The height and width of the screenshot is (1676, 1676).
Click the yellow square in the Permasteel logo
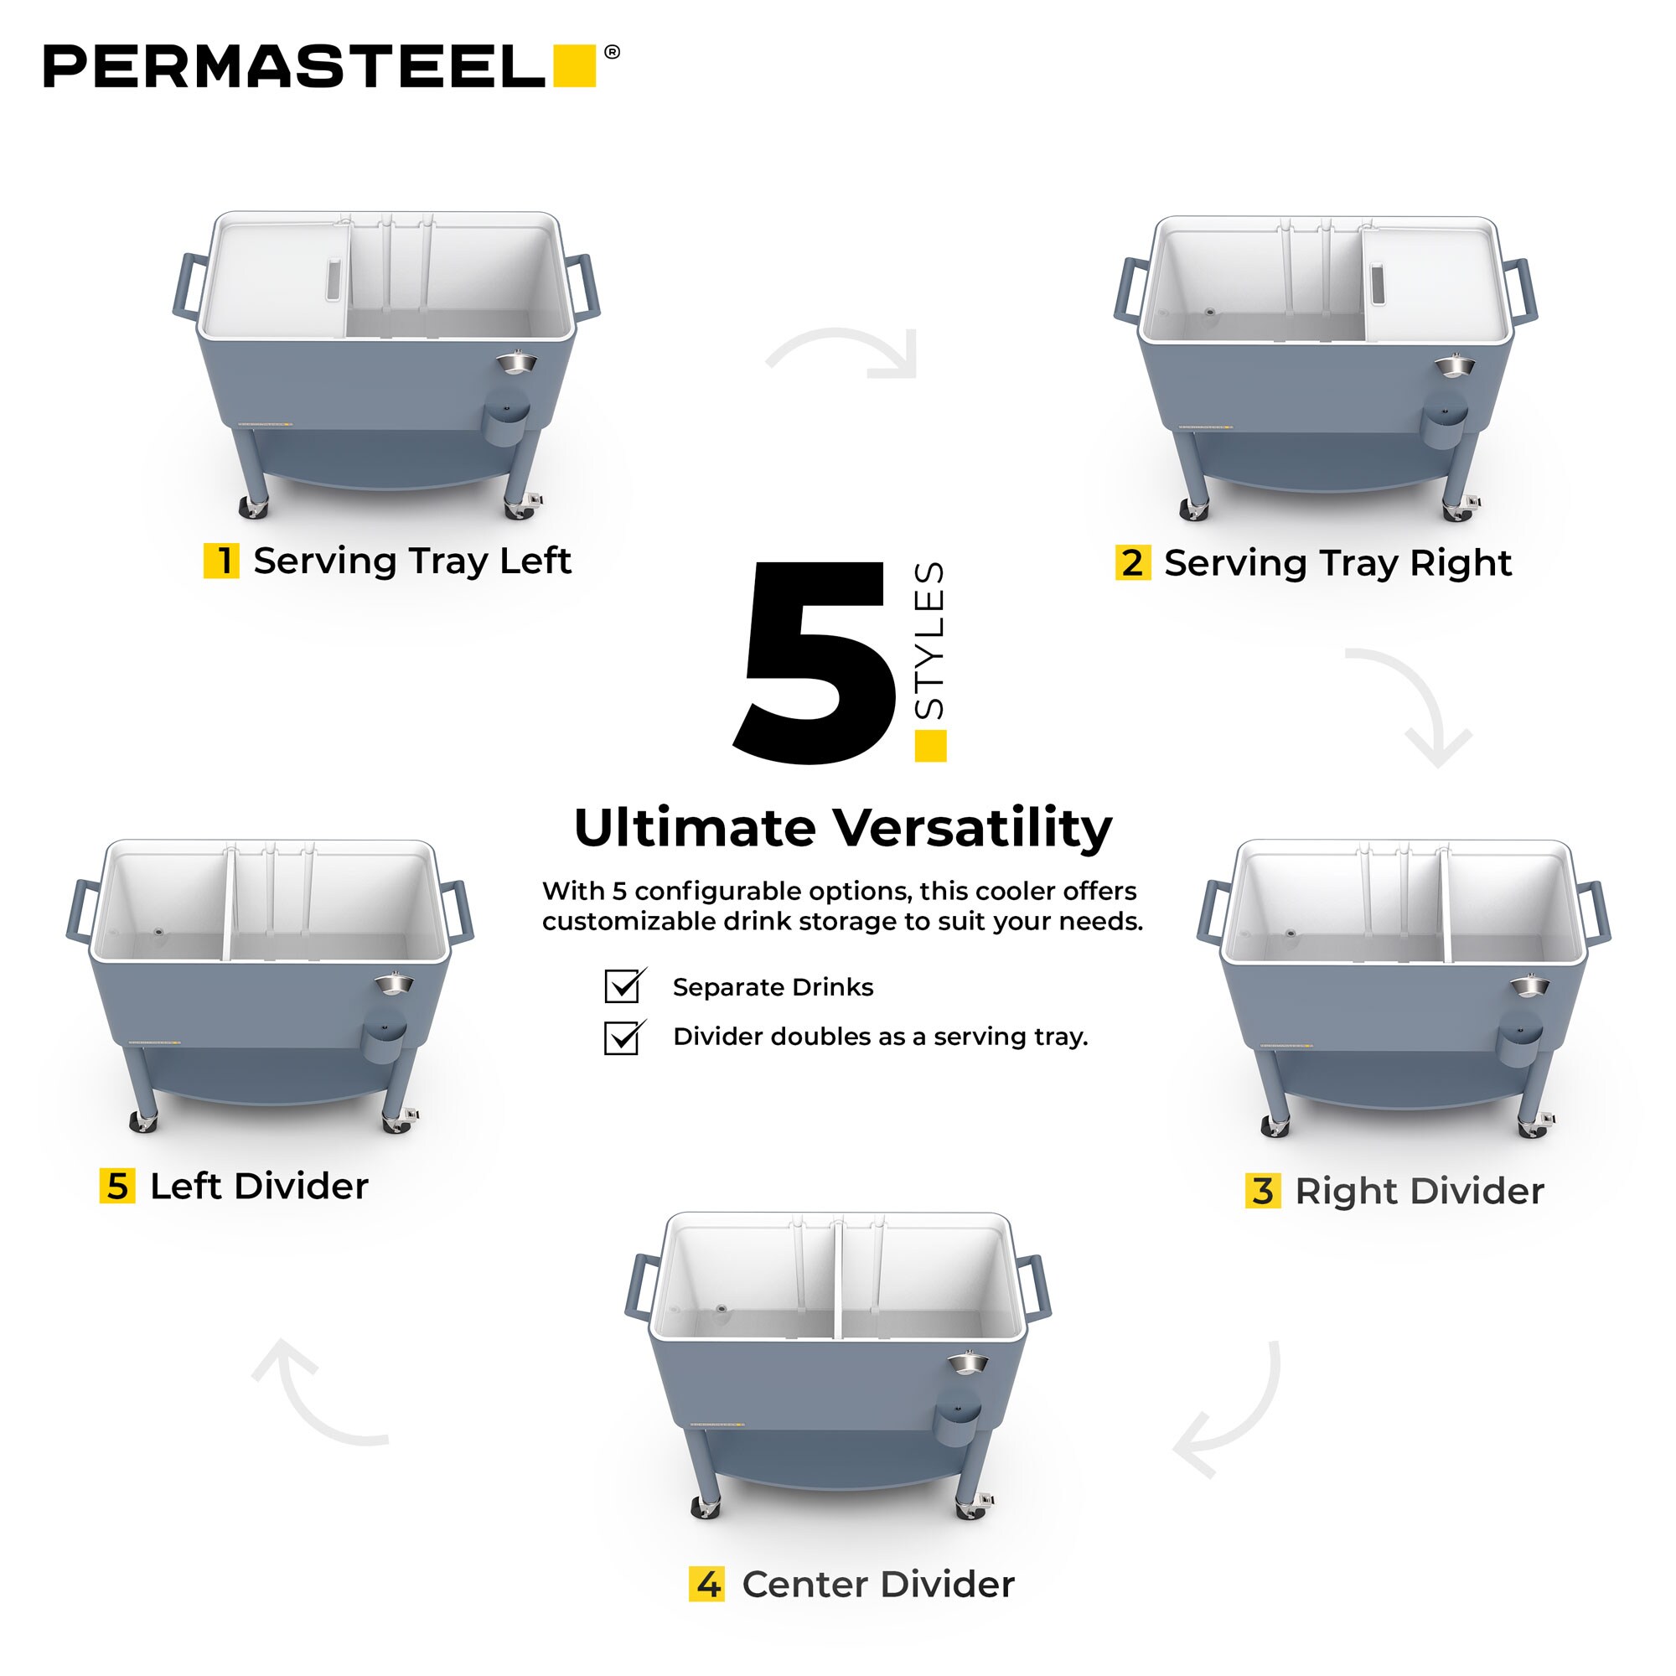point(574,66)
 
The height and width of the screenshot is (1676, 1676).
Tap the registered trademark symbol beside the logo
point(612,52)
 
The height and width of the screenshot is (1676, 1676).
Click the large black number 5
point(813,663)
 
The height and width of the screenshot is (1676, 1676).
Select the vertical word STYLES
point(929,640)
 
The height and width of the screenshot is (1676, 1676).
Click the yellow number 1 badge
point(221,561)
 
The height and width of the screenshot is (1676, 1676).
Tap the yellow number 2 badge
point(1133,562)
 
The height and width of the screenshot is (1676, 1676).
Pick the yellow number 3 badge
point(1263,1191)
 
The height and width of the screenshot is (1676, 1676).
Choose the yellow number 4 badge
point(707,1584)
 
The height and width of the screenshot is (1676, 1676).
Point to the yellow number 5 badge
point(117,1186)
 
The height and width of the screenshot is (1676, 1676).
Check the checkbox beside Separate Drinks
point(623,986)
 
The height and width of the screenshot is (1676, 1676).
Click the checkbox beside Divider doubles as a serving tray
point(623,1037)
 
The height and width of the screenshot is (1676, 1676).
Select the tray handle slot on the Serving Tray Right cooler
point(1377,285)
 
